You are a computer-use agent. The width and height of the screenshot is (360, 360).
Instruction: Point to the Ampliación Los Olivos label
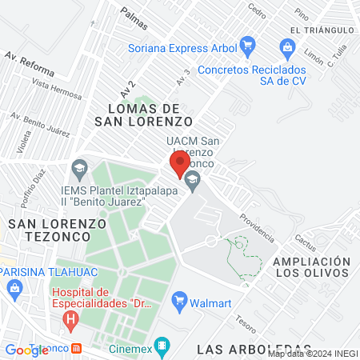312,268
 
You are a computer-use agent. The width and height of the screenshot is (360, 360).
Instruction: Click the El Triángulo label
322,30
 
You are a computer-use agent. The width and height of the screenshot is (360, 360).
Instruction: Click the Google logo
27,350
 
